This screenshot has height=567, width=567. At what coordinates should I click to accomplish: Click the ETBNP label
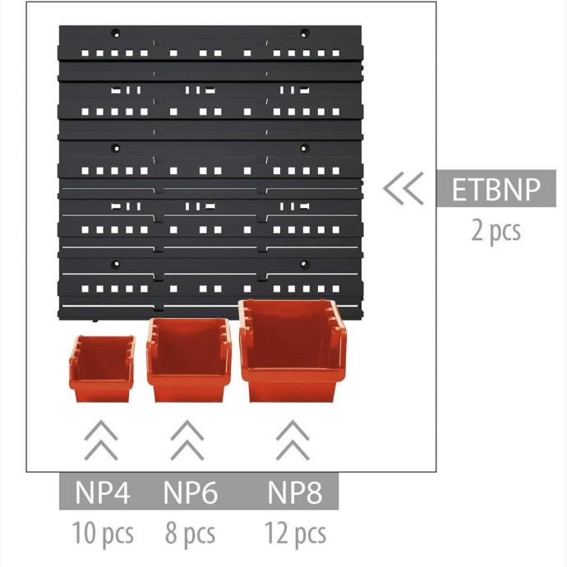pos(496,189)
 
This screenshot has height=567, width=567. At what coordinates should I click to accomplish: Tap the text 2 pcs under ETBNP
pos(496,231)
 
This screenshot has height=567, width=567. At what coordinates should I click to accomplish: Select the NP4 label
pos(103,492)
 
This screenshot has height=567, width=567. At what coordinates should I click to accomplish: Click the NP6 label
pos(191,492)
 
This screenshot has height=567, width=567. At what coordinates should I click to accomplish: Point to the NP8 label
pos(295,492)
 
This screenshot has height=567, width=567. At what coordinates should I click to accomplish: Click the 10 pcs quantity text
pos(103,533)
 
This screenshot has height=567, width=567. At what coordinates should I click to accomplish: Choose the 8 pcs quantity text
pos(190,533)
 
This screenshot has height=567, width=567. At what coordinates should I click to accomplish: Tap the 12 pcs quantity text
pos(295,533)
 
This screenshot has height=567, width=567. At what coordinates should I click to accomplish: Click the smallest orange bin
pos(102,369)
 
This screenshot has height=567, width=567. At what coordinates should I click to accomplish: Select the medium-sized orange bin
pos(189,360)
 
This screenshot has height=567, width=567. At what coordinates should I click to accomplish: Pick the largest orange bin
pos(293,351)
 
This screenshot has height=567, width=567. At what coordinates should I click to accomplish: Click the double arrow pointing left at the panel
pos(403,188)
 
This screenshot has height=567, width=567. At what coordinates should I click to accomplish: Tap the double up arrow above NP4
pos(101,440)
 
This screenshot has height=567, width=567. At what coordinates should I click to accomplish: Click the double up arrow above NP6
pos(187,440)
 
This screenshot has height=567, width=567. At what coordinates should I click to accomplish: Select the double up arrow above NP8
pos(293,440)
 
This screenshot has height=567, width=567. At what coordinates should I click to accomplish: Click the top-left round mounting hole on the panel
pos(115,34)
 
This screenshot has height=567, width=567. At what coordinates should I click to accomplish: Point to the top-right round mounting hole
pos(305,34)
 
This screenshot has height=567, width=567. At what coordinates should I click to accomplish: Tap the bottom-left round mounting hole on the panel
pos(115,265)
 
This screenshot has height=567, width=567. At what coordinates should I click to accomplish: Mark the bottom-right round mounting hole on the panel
pos(305,265)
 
